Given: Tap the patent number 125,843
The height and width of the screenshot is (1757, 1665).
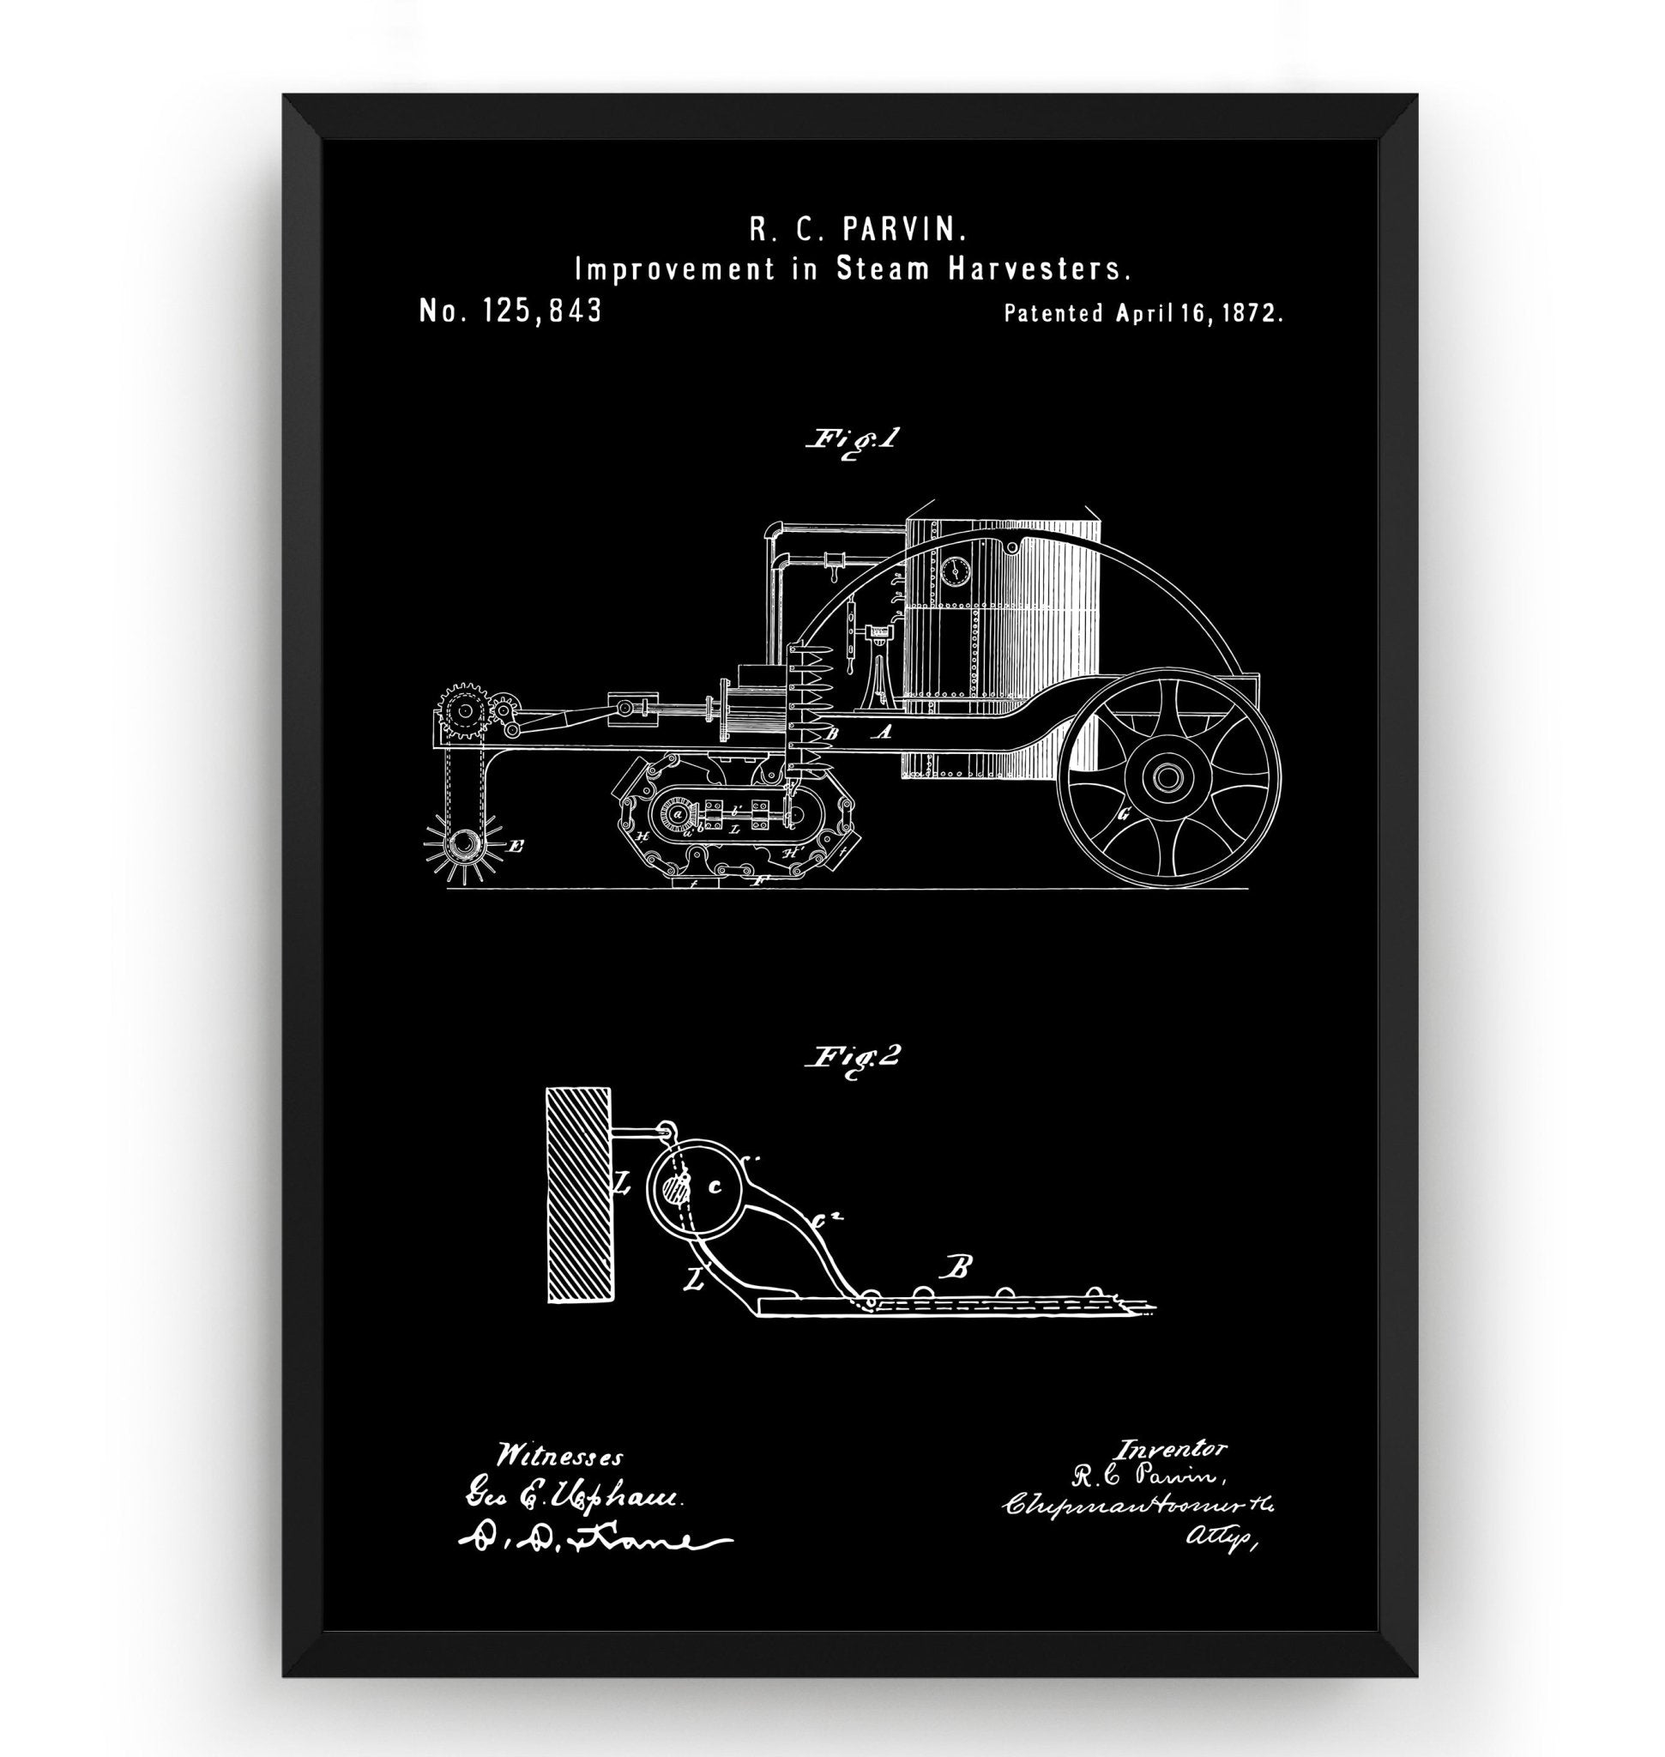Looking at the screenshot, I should point(540,311).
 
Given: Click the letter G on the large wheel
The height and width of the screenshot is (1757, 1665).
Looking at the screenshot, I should point(1124,814).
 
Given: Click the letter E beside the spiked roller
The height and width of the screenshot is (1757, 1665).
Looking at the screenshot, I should point(515,847).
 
